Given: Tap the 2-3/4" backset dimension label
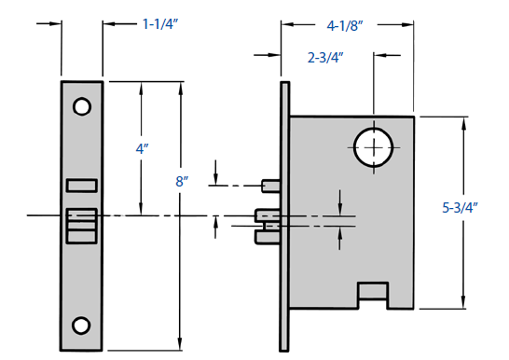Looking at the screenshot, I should (x=325, y=58).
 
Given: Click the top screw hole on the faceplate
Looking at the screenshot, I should (x=82, y=107).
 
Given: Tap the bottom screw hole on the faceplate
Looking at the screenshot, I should (x=82, y=325).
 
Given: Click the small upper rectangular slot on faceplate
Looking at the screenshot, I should (x=82, y=184).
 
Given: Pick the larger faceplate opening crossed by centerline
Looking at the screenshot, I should (x=82, y=222).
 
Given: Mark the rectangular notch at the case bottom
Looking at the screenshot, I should (x=374, y=294).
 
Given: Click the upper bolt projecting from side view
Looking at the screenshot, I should (x=270, y=186).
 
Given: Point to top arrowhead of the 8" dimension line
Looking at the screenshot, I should (x=181, y=87).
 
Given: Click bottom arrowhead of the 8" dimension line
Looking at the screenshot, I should (x=181, y=346).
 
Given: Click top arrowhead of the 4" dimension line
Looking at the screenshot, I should (x=142, y=87).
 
